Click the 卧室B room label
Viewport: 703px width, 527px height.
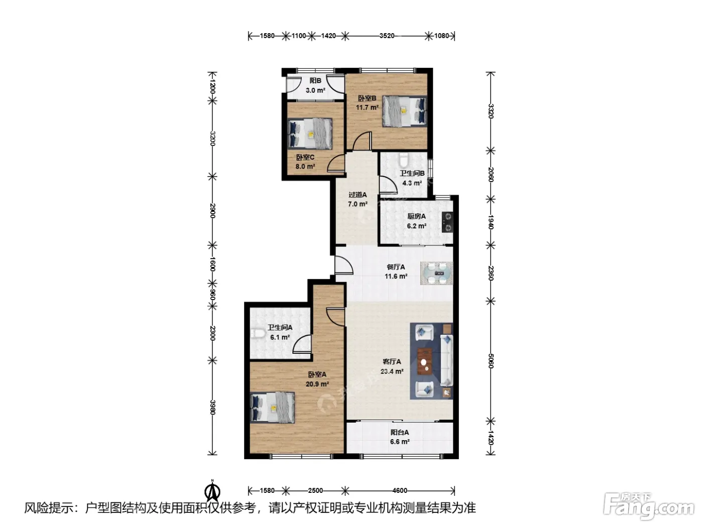[x=367, y=98]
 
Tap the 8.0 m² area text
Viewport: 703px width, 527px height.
[x=305, y=167]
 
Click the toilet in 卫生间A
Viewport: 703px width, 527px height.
[x=258, y=334]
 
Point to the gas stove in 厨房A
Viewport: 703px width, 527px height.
[x=447, y=222]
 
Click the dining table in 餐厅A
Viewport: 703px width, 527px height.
[x=437, y=273]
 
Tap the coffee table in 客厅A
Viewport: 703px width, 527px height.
[x=425, y=361]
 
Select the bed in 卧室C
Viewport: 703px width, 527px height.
[x=310, y=134]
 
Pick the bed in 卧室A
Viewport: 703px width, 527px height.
[x=272, y=408]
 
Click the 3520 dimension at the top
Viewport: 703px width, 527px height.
[x=387, y=36]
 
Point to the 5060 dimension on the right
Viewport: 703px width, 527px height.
[x=490, y=361]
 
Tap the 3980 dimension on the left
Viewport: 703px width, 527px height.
[x=212, y=408]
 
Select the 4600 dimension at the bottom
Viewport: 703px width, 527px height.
[x=400, y=490]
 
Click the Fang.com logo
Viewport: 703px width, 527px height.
[x=649, y=507]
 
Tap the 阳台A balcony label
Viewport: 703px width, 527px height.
[x=400, y=432]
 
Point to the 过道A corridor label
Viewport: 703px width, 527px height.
[x=358, y=195]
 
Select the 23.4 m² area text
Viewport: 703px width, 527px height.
[x=392, y=371]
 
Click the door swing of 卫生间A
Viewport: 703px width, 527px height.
[x=302, y=344]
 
